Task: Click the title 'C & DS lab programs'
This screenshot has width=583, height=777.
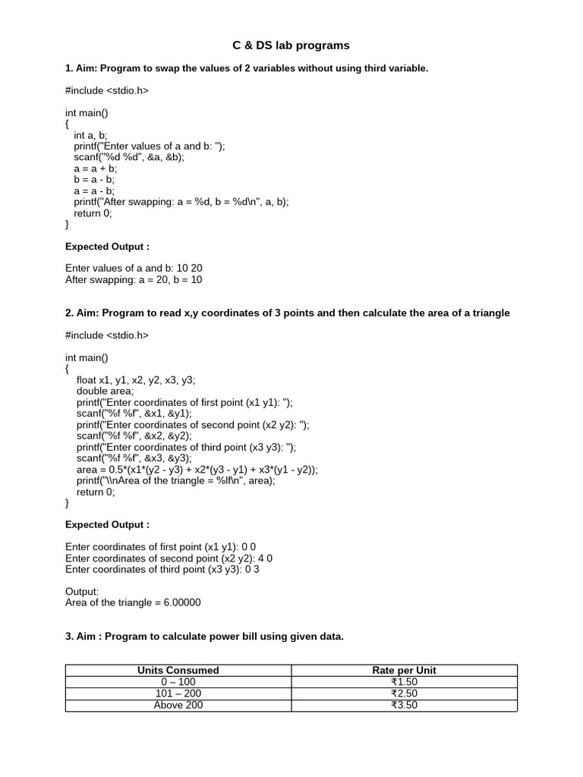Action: pyautogui.click(x=291, y=46)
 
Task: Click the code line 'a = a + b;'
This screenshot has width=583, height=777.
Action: pyautogui.click(x=95, y=168)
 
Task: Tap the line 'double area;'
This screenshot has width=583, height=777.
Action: pyautogui.click(x=105, y=391)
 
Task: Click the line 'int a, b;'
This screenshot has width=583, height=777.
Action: pyautogui.click(x=91, y=135)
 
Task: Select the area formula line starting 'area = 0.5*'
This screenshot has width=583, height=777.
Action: pyautogui.click(x=197, y=469)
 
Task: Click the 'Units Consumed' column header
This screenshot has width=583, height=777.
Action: pyautogui.click(x=178, y=670)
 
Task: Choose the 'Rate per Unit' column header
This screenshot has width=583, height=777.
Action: pyautogui.click(x=404, y=670)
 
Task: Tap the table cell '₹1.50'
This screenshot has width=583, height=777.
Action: pyautogui.click(x=404, y=681)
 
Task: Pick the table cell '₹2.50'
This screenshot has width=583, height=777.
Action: pyautogui.click(x=404, y=693)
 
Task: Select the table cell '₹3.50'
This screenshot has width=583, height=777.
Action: pyautogui.click(x=404, y=705)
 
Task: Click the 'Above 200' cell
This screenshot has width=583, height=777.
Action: pyautogui.click(x=178, y=705)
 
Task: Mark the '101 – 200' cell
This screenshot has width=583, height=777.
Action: pyautogui.click(x=178, y=693)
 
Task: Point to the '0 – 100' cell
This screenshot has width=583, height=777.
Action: pyautogui.click(x=178, y=681)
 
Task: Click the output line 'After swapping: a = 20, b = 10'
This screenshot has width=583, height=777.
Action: pyautogui.click(x=134, y=279)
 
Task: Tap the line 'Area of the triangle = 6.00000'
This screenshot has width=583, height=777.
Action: pyautogui.click(x=133, y=602)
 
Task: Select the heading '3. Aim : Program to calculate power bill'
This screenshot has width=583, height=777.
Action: pyautogui.click(x=204, y=637)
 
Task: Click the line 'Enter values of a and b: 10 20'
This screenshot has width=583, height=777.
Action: pyautogui.click(x=134, y=268)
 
